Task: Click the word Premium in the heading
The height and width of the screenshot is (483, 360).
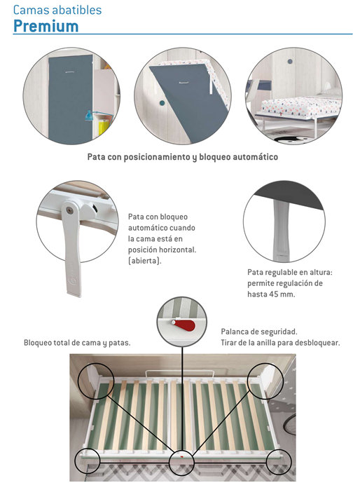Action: click(x=46, y=26)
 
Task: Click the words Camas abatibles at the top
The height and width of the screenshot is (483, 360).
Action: click(x=57, y=10)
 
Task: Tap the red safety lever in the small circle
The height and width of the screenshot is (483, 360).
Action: click(x=185, y=325)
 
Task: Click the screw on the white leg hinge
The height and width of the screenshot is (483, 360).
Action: click(x=71, y=210)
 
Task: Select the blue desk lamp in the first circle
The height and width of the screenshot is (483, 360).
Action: click(x=89, y=116)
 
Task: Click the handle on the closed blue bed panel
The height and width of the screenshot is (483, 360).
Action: click(x=70, y=72)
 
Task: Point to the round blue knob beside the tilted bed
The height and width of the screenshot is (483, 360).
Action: click(x=162, y=103)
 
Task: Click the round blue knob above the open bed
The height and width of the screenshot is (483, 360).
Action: click(x=290, y=61)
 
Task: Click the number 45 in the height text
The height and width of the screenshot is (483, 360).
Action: click(x=274, y=294)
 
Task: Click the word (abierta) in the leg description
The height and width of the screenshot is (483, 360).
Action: click(x=144, y=261)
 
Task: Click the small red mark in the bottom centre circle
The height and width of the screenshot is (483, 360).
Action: click(x=181, y=456)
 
